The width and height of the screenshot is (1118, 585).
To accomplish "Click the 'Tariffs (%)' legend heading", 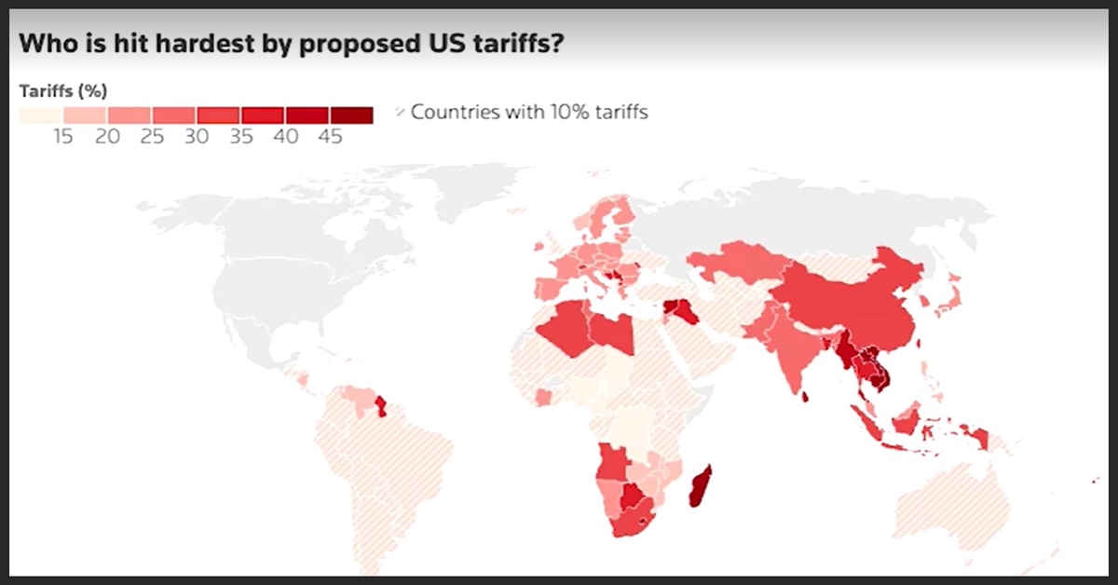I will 63,90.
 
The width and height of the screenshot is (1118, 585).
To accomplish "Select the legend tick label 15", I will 63,137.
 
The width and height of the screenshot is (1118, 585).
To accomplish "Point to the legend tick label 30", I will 197,137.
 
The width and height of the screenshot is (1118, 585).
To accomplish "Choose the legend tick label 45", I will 331,137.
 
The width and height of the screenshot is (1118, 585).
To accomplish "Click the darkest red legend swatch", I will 351,115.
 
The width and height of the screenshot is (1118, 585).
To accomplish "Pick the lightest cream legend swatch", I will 41,115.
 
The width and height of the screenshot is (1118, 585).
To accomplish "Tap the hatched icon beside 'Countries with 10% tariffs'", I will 400,113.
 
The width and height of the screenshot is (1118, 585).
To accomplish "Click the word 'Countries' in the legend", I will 452,113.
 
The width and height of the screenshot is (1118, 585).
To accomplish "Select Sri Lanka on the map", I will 804,398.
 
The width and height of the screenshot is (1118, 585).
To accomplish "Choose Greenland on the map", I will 410,200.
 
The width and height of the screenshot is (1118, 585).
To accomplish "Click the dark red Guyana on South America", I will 380,406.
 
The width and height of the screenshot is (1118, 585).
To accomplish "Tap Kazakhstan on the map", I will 736,265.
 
